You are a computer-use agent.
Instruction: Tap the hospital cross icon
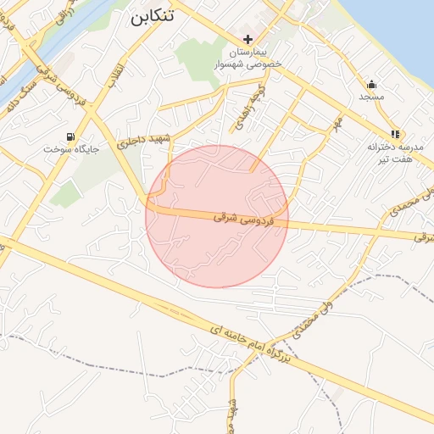[248, 39]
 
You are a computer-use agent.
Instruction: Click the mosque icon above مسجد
[371, 84]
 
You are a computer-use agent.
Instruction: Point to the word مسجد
[371, 97]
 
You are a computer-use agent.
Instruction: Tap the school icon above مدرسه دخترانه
[395, 134]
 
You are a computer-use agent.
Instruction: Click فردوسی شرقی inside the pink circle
[232, 219]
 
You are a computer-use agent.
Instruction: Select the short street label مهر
[337, 125]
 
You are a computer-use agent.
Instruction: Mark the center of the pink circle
[217, 216]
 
